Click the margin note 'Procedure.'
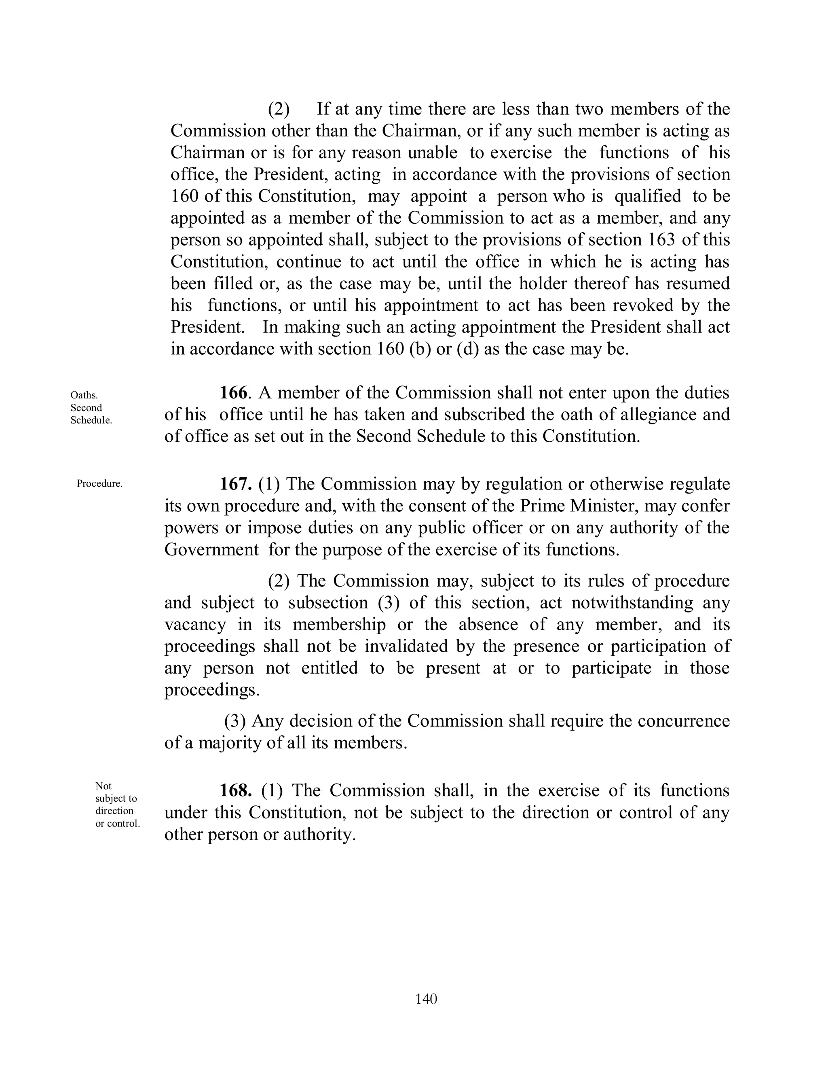pos(99,483)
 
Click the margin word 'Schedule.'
pos(91,420)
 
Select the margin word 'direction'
pos(114,811)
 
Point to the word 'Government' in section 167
pos(211,549)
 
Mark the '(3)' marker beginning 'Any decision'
pos(235,720)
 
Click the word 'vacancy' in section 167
pos(195,624)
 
